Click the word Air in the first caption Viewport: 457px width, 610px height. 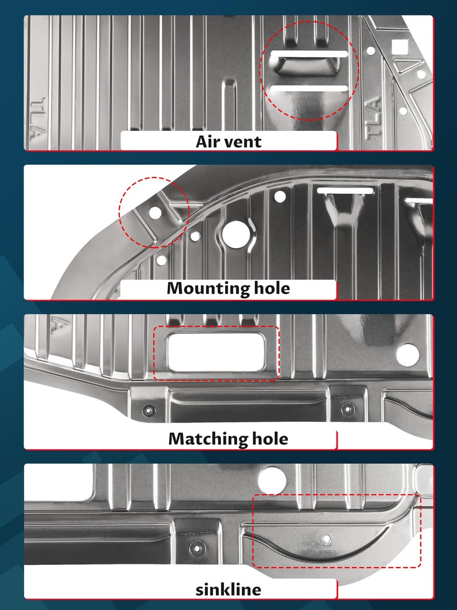point(207,141)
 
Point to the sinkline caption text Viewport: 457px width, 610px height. point(228,589)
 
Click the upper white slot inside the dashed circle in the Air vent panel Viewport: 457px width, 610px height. point(309,54)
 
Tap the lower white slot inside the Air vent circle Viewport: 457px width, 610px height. point(309,88)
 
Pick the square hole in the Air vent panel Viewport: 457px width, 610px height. point(398,47)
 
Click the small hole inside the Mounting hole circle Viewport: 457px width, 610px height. point(155,213)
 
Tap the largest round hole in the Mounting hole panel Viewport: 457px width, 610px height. point(235,234)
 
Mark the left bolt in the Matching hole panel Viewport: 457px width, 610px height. point(149,410)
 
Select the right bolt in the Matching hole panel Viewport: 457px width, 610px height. point(347,409)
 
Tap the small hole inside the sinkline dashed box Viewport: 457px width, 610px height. point(327,539)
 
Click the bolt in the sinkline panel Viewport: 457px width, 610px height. point(197,548)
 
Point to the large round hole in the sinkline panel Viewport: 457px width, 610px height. point(272,480)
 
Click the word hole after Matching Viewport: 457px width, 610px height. point(270,438)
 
